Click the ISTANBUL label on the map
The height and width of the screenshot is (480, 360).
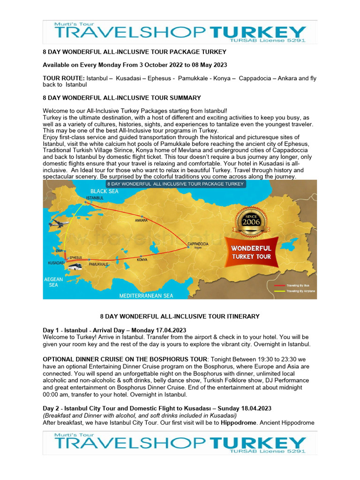click(x=95, y=198)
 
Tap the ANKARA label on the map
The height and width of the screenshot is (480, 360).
click(x=141, y=220)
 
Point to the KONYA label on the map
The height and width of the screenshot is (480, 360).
click(x=142, y=259)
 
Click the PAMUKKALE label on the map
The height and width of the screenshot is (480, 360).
click(x=98, y=264)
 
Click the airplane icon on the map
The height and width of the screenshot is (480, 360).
click(x=59, y=223)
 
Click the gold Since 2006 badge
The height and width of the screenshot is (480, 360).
click(x=250, y=222)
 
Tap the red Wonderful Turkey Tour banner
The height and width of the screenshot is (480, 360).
click(x=252, y=252)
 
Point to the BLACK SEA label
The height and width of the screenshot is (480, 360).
click(x=105, y=191)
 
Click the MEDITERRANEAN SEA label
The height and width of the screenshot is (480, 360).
click(x=146, y=296)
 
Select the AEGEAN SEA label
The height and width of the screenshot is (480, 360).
click(x=53, y=281)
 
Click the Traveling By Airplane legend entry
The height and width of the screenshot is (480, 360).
click(x=300, y=291)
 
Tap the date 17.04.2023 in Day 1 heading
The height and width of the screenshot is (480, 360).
click(x=170, y=330)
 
